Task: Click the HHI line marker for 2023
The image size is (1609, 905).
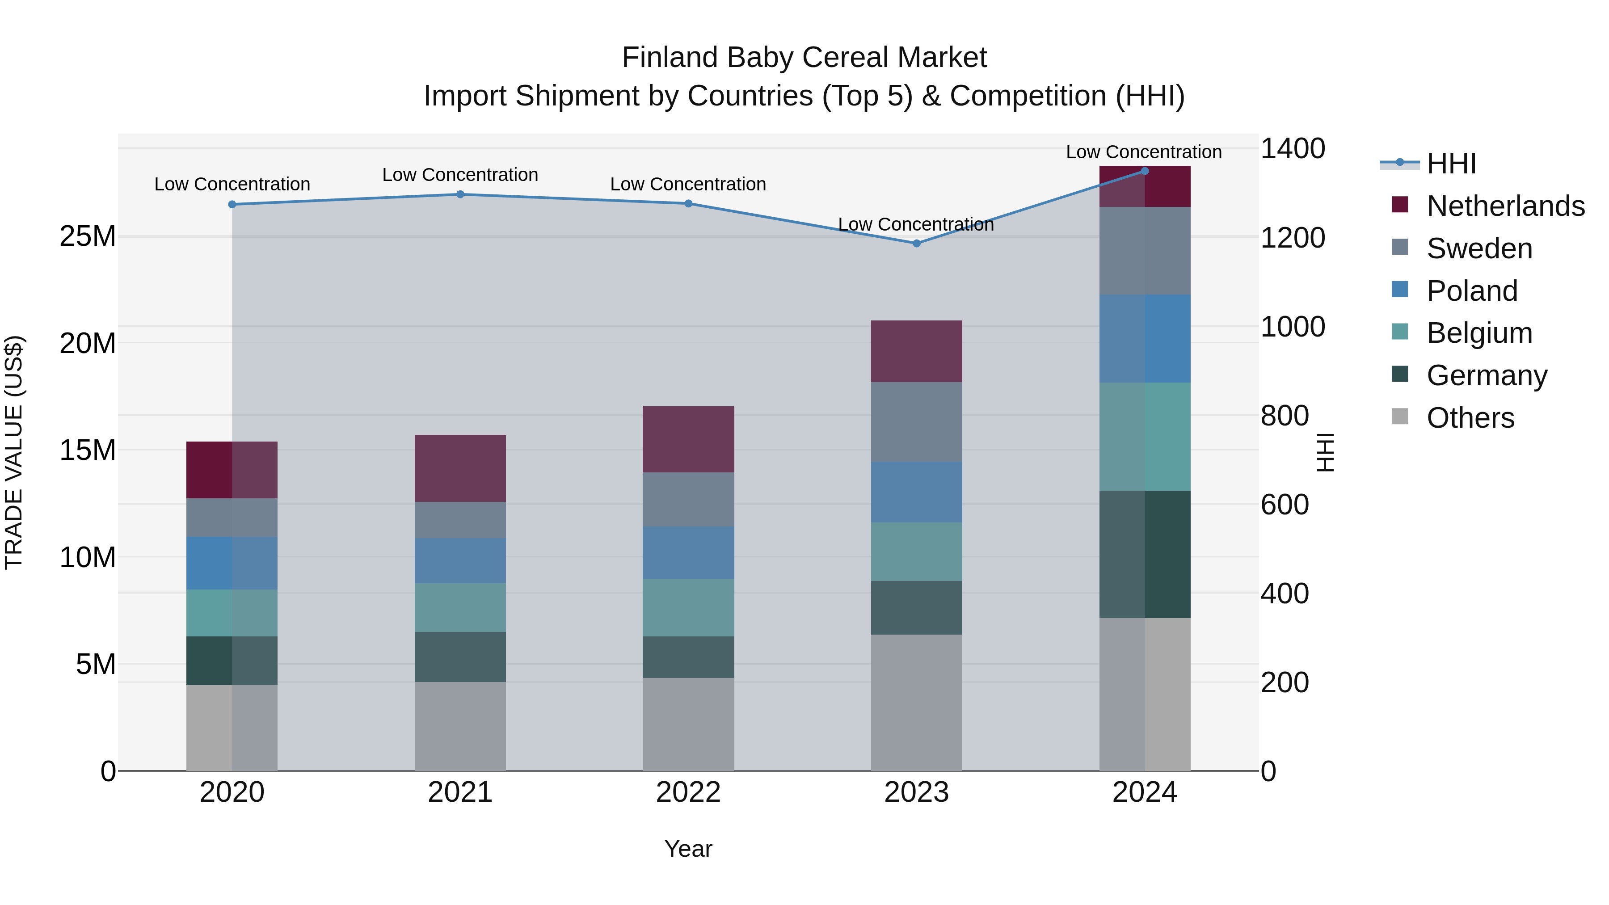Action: pos(916,244)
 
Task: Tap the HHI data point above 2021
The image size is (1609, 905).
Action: pos(460,194)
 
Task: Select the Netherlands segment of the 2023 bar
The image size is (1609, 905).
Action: pos(916,351)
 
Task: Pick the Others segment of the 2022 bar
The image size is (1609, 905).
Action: pos(688,724)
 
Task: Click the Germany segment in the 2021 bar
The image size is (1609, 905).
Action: pos(460,657)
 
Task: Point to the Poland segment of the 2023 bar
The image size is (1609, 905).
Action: pos(916,492)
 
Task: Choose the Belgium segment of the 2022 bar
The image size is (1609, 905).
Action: pos(688,608)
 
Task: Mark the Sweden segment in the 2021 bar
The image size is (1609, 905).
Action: pos(460,520)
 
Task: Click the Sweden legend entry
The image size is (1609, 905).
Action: pos(1479,248)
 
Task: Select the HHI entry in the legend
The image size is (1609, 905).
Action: pos(1451,164)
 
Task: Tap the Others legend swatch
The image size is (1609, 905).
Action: pos(1400,417)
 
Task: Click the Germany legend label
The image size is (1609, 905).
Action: pos(1487,375)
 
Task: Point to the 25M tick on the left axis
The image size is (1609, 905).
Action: pos(88,237)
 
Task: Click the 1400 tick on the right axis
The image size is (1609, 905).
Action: pos(1292,149)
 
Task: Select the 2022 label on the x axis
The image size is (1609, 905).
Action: pos(688,792)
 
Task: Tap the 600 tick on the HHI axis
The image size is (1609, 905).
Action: pos(1284,505)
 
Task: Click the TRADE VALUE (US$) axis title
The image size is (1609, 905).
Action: pos(14,452)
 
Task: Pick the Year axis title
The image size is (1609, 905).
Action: pos(688,849)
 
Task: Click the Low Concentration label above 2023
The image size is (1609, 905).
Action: pos(916,224)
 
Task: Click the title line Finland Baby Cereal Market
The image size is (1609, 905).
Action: pos(804,58)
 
